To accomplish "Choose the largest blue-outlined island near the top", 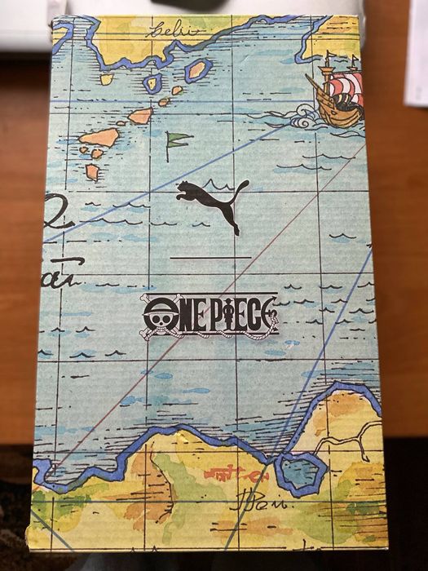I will [197, 70].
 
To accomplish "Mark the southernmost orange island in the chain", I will [92, 171].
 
